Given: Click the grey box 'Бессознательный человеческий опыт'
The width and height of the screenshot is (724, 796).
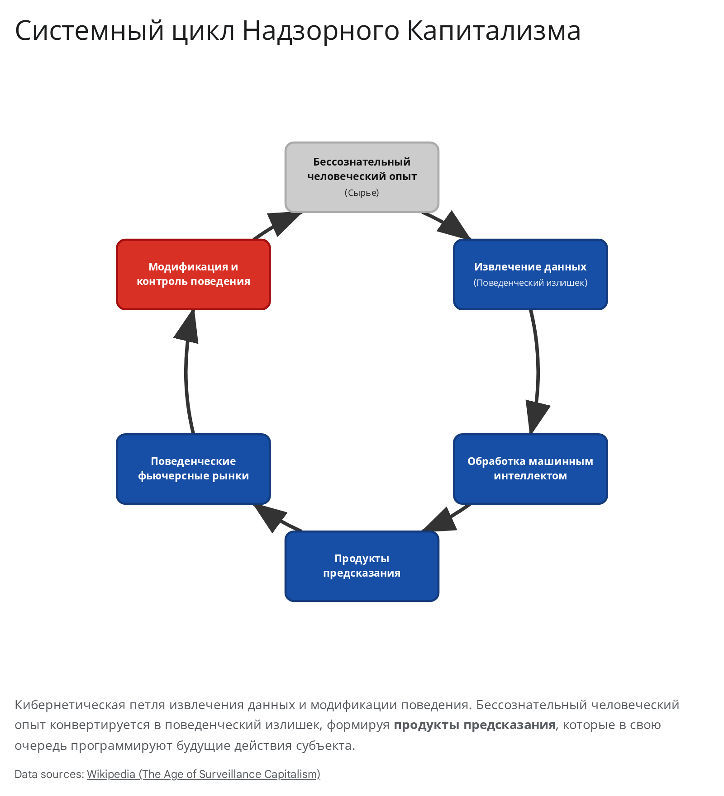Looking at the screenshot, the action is tap(362, 177).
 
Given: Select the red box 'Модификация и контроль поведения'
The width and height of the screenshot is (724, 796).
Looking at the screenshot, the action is tap(194, 275).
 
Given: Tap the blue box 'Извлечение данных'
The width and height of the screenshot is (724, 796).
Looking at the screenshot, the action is tap(530, 275).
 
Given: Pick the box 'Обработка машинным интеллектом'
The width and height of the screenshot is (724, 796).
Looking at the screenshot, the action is tap(530, 469).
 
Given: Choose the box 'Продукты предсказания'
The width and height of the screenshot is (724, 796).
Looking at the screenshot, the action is tap(362, 566).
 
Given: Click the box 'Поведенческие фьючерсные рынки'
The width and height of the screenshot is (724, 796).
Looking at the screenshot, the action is tap(194, 469).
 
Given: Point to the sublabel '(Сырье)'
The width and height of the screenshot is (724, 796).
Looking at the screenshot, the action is tap(362, 193).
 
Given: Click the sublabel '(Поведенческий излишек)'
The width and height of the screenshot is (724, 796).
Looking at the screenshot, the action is tap(530, 283).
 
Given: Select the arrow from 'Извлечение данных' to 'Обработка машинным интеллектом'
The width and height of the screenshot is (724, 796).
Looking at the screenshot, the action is tap(538, 372).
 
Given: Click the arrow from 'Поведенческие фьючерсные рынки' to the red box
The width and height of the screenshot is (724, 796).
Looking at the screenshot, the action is tap(186, 372).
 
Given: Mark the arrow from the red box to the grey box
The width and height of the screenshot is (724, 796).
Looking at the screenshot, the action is tap(277, 225).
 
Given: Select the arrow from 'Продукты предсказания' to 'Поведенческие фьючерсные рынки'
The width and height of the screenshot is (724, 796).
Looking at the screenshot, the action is tap(277, 518).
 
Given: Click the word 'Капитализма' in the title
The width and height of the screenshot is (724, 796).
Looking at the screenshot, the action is tap(494, 31).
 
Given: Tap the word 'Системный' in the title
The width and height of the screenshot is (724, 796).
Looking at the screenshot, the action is tap(90, 31).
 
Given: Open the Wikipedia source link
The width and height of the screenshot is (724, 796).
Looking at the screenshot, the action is tap(204, 774).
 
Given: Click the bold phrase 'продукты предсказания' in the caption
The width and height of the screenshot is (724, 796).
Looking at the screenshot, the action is tap(475, 725).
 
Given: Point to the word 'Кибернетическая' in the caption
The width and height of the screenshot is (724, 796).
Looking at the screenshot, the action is tap(70, 705).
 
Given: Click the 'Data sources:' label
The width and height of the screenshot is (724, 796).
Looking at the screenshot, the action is tap(49, 774).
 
